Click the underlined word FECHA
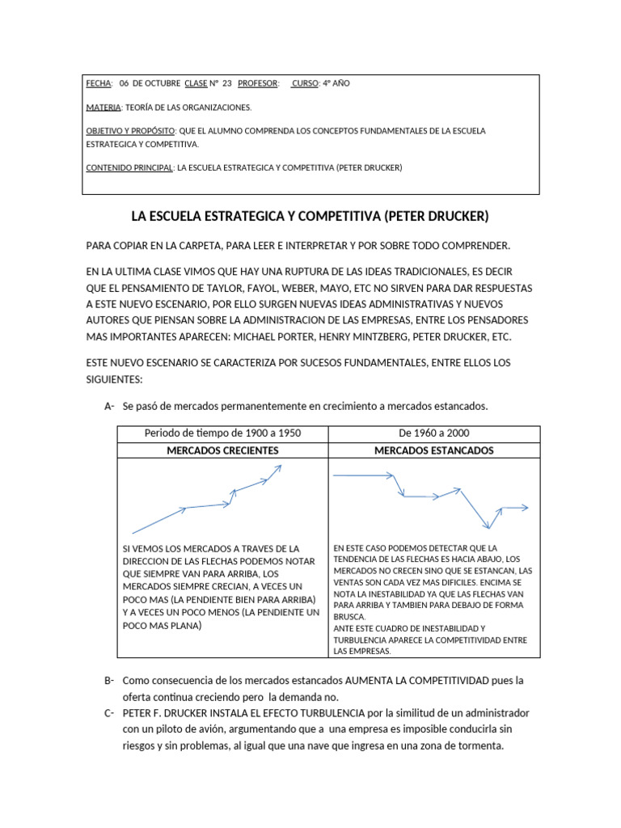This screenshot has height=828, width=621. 99,83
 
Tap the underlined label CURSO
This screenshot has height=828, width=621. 305,83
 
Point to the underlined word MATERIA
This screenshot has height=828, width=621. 103,107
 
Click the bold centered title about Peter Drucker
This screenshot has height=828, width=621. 310,217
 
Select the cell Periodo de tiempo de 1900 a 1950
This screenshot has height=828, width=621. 222,433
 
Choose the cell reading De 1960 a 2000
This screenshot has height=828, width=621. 434,433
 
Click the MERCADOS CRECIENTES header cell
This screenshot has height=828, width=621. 222,450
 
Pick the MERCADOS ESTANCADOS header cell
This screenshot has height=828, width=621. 434,450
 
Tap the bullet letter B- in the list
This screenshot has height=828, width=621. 109,681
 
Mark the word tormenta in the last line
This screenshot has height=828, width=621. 478,746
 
